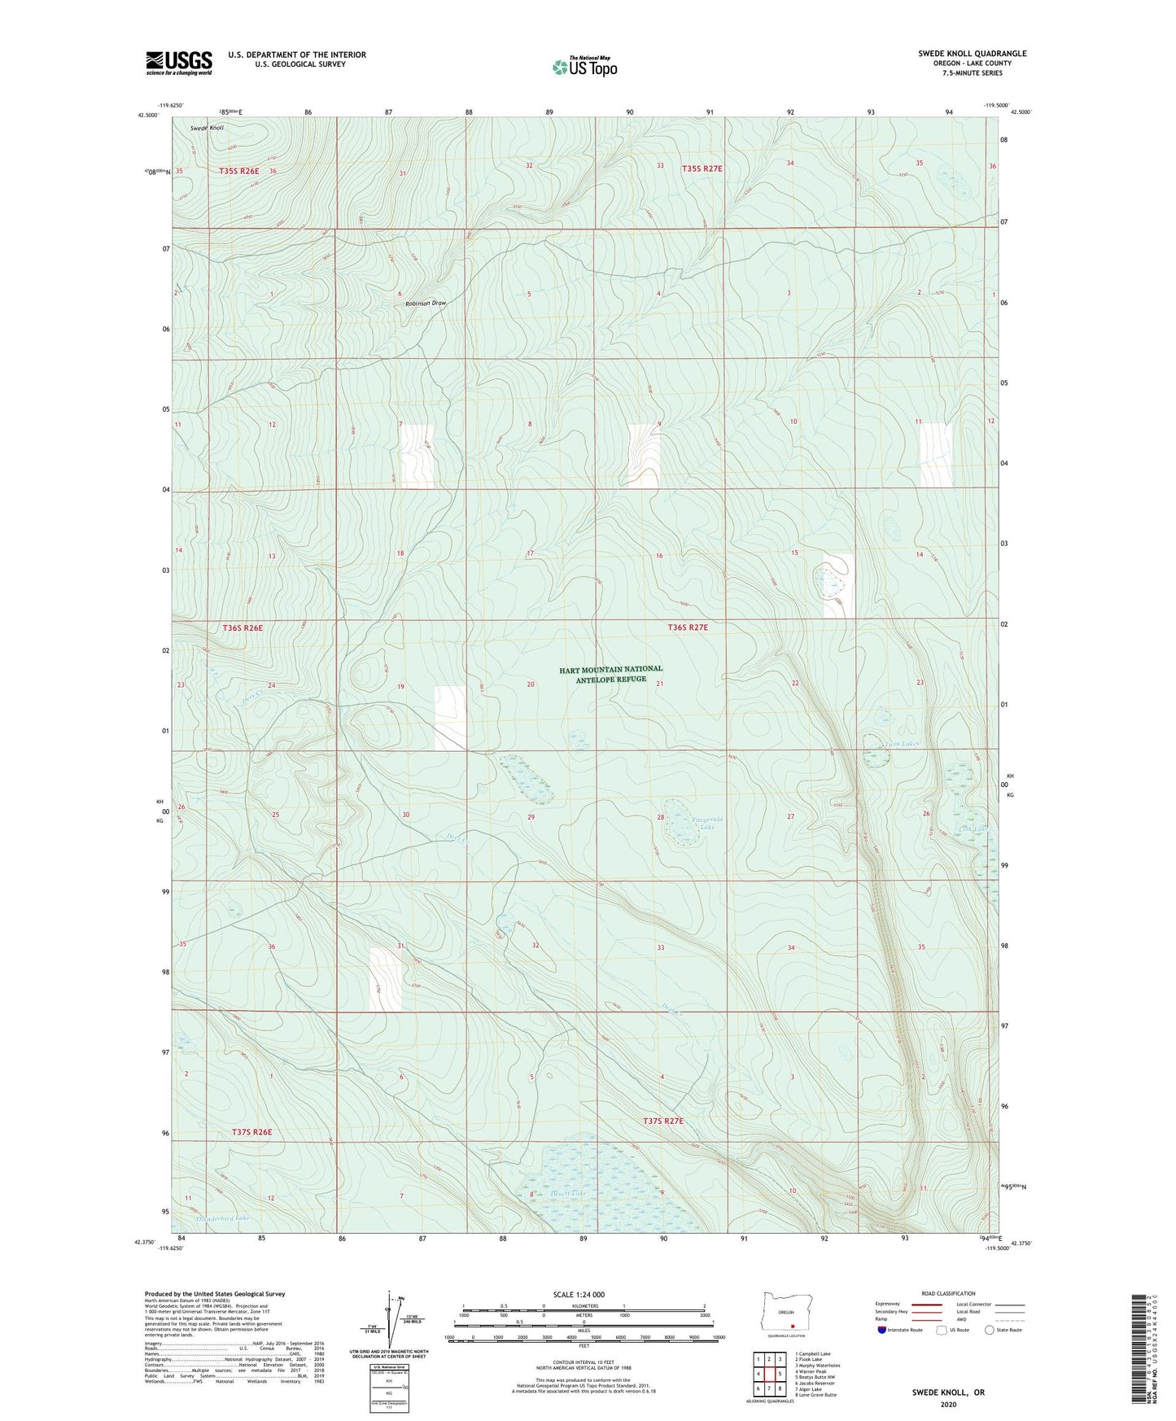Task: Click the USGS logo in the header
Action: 179,63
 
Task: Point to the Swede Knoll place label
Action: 207,129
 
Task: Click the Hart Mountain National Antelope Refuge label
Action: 610,674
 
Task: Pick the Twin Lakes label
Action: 901,744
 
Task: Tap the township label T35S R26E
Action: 238,171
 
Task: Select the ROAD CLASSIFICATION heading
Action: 949,1293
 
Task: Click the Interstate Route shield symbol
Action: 883,1330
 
